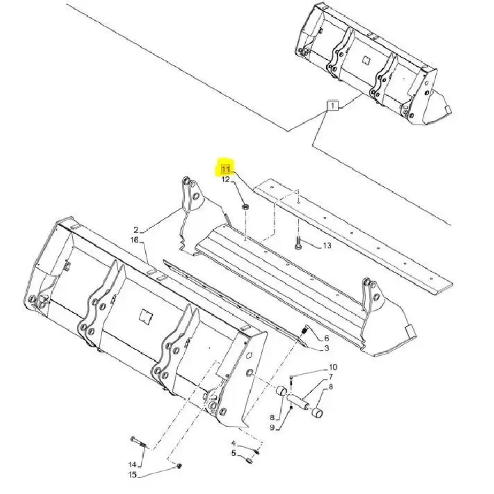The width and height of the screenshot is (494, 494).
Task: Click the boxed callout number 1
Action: (332, 105)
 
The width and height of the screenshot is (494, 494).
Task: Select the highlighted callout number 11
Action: (226, 169)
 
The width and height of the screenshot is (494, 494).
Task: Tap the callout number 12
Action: (226, 180)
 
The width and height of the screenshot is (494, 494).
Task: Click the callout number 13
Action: (327, 245)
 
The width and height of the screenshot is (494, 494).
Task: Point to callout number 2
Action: (136, 230)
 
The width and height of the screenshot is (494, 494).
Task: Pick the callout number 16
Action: (134, 240)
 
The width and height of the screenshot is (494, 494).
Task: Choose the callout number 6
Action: (327, 338)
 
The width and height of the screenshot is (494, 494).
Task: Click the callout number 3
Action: (327, 348)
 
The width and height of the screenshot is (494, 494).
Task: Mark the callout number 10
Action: (333, 367)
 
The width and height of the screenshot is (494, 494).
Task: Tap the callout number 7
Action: (331, 376)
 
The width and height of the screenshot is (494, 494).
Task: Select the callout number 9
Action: (272, 427)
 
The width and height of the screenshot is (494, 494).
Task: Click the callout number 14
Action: (132, 464)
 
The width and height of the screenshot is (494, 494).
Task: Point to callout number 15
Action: (132, 474)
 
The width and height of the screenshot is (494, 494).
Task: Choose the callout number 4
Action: (234, 444)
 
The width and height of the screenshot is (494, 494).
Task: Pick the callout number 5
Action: (234, 453)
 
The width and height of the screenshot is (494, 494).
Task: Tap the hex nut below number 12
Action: (246, 206)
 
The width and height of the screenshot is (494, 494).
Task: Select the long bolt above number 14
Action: (138, 442)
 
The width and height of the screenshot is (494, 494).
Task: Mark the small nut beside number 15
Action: (179, 466)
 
